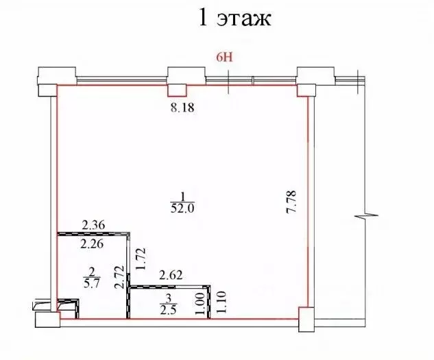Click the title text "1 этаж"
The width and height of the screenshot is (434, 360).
[x=235, y=18]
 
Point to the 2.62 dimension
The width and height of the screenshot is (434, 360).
[x=171, y=276]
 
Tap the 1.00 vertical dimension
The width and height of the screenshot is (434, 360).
[x=200, y=304]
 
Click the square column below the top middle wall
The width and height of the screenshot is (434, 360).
[x=178, y=89]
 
